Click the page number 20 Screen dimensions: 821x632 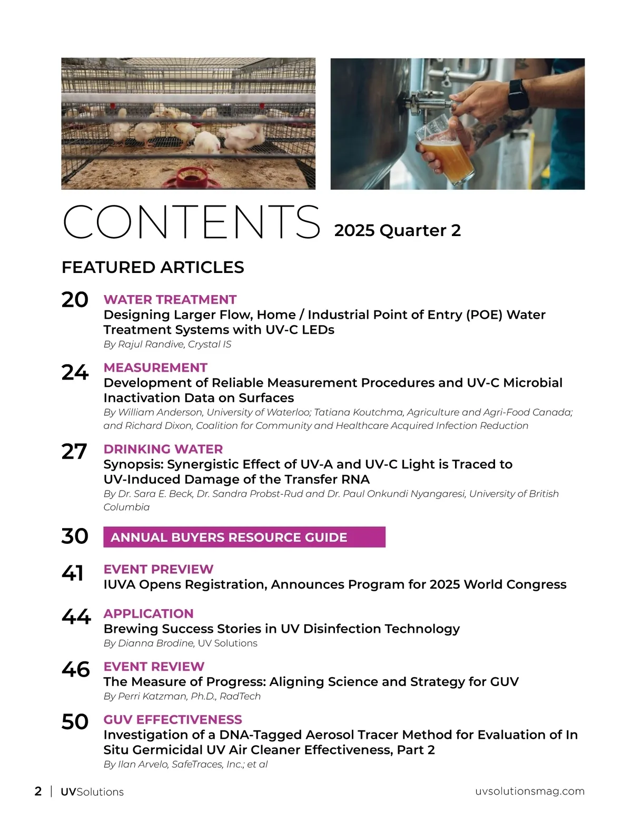pyautogui.click(x=75, y=299)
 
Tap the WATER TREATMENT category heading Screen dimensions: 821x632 pyautogui.click(x=170, y=299)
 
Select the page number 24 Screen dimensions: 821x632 pyautogui.click(x=75, y=373)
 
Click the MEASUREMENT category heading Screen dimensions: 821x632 pyautogui.click(x=155, y=367)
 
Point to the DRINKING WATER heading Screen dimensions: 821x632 pyautogui.click(x=163, y=449)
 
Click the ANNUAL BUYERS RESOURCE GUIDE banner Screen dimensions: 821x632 pyautogui.click(x=244, y=537)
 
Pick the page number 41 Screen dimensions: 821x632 pyautogui.click(x=73, y=573)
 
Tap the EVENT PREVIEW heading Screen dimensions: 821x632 pyautogui.click(x=158, y=569)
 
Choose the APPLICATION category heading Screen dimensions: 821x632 pyautogui.click(x=149, y=613)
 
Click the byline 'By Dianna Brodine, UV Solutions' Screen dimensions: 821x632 pyautogui.click(x=180, y=643)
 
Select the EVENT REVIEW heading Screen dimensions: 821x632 pyautogui.click(x=154, y=666)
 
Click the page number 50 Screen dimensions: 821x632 pyautogui.click(x=75, y=721)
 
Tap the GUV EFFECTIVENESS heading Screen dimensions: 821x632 pyautogui.click(x=173, y=719)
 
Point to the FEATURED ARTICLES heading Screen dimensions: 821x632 pyautogui.click(x=153, y=267)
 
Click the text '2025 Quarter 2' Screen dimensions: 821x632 pyautogui.click(x=397, y=230)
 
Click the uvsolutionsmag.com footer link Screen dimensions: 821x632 pyautogui.click(x=529, y=791)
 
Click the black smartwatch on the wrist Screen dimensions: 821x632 pyautogui.click(x=518, y=94)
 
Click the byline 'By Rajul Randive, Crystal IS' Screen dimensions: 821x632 pyautogui.click(x=167, y=344)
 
